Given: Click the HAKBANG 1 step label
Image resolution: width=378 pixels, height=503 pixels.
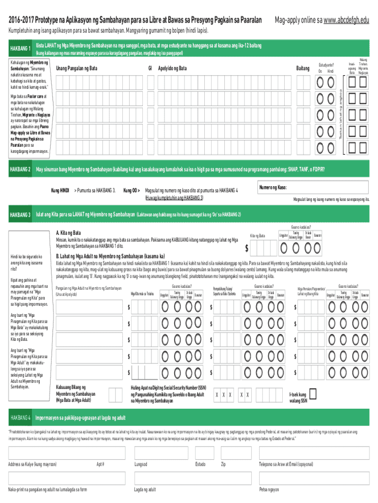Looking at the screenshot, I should [21, 49].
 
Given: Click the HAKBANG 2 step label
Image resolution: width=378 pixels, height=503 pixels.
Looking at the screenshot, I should [21, 170].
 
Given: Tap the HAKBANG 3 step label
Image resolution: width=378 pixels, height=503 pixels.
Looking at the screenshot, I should [21, 215].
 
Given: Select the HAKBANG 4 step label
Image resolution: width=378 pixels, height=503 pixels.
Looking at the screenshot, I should [21, 418].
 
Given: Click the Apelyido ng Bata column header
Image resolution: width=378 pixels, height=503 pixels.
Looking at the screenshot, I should [172, 68].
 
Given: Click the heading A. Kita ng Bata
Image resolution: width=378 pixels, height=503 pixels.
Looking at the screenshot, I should [69, 233].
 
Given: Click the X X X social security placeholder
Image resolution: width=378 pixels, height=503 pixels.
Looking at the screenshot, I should [223, 395].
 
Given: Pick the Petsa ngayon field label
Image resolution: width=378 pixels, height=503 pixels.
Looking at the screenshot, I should [270, 489].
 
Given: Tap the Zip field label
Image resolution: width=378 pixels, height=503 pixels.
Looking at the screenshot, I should [223, 464].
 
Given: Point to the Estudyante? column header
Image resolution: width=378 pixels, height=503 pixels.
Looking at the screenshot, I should [326, 65].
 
